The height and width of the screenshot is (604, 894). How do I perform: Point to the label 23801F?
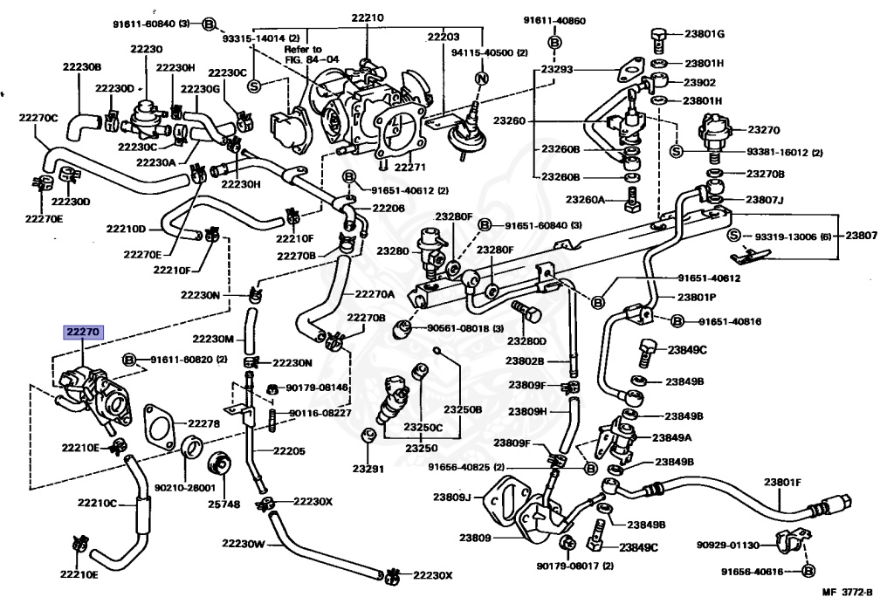(782, 482)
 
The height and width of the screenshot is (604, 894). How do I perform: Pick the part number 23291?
(368, 469)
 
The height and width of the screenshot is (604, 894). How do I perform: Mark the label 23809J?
(452, 498)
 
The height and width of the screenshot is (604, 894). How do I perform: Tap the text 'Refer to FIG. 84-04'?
(305, 55)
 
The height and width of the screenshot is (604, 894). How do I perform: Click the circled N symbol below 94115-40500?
(480, 78)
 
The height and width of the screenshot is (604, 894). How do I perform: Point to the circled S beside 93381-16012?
(676, 152)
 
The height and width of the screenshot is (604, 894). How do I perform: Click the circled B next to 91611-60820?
(129, 360)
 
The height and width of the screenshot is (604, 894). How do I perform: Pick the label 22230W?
(243, 543)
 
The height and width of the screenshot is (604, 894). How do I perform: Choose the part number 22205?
(289, 451)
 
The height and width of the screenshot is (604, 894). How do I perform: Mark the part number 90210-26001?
(184, 489)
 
